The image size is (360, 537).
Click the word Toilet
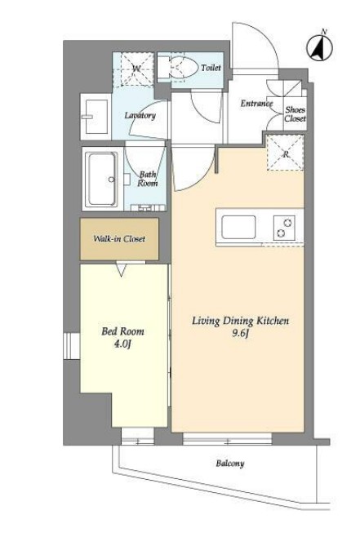click(x=211, y=68)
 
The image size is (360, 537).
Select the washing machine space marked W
click(x=133, y=69)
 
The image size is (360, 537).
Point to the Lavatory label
click(x=140, y=115)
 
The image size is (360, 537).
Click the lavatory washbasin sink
click(x=96, y=117)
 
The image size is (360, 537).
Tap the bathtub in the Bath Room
click(x=102, y=179)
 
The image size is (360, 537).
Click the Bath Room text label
click(x=148, y=179)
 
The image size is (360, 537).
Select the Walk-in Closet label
click(x=119, y=238)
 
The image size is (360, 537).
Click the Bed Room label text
click(x=122, y=331)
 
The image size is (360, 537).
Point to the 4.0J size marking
click(x=122, y=344)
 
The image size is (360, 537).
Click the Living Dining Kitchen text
click(x=240, y=321)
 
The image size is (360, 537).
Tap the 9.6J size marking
click(x=240, y=333)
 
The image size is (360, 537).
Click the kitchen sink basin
click(x=238, y=227)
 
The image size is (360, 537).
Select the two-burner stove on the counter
click(x=284, y=228)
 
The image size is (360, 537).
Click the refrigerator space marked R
click(x=286, y=153)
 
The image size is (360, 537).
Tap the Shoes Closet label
click(x=296, y=114)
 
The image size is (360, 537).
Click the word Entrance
click(x=256, y=103)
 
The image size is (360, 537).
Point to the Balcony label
click(x=230, y=464)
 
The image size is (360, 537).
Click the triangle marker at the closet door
click(x=122, y=269)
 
